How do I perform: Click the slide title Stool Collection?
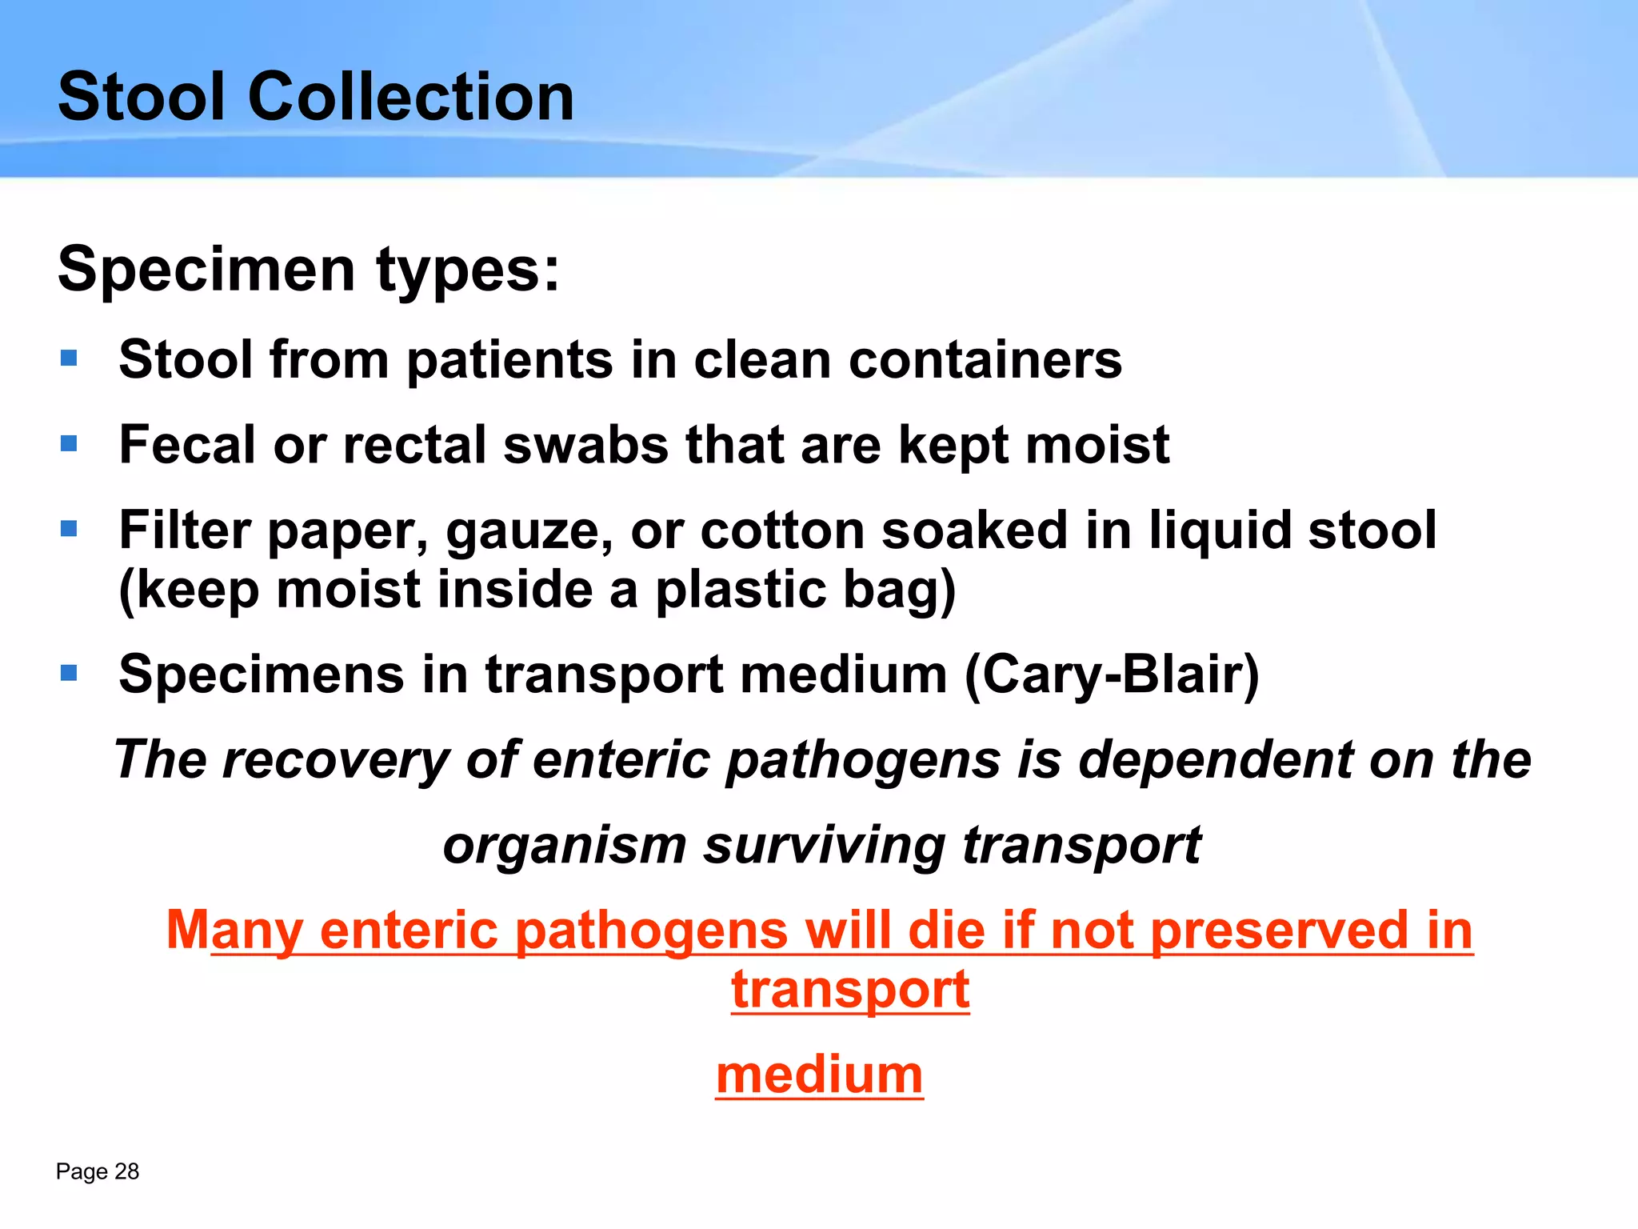click(316, 97)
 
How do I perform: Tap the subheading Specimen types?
click(309, 270)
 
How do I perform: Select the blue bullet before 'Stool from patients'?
click(69, 358)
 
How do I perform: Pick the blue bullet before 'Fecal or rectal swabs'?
click(69, 442)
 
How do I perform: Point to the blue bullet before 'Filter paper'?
click(69, 528)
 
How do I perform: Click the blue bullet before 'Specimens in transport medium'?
click(69, 672)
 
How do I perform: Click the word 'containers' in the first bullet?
click(985, 359)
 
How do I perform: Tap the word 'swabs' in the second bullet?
click(585, 445)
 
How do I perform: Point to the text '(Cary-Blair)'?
click(1112, 675)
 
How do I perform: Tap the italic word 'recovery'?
click(336, 759)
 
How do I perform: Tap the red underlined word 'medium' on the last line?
click(819, 1075)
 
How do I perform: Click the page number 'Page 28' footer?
click(98, 1171)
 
